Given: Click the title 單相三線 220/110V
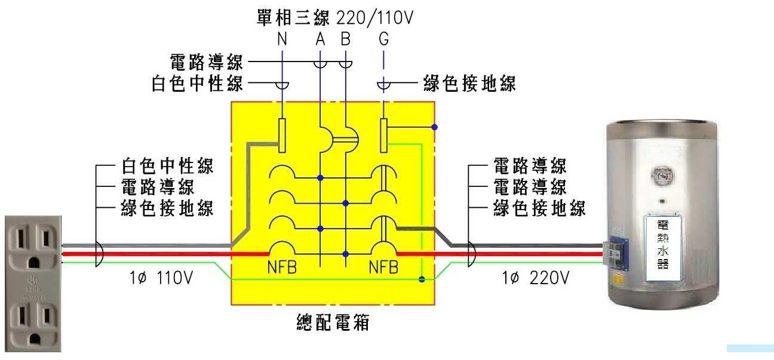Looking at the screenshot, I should pos(334,18).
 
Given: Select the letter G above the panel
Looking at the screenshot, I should pos(383,39).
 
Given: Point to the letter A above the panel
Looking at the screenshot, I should pos(321,39).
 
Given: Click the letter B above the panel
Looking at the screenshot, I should pos(346,39).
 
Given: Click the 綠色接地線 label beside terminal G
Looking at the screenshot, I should pos(469,84).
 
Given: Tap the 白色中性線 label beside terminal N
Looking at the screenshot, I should pos(198,84).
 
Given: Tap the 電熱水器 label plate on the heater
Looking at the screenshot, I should pos(662,244).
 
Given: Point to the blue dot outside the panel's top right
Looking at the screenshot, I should pos(435,127).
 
